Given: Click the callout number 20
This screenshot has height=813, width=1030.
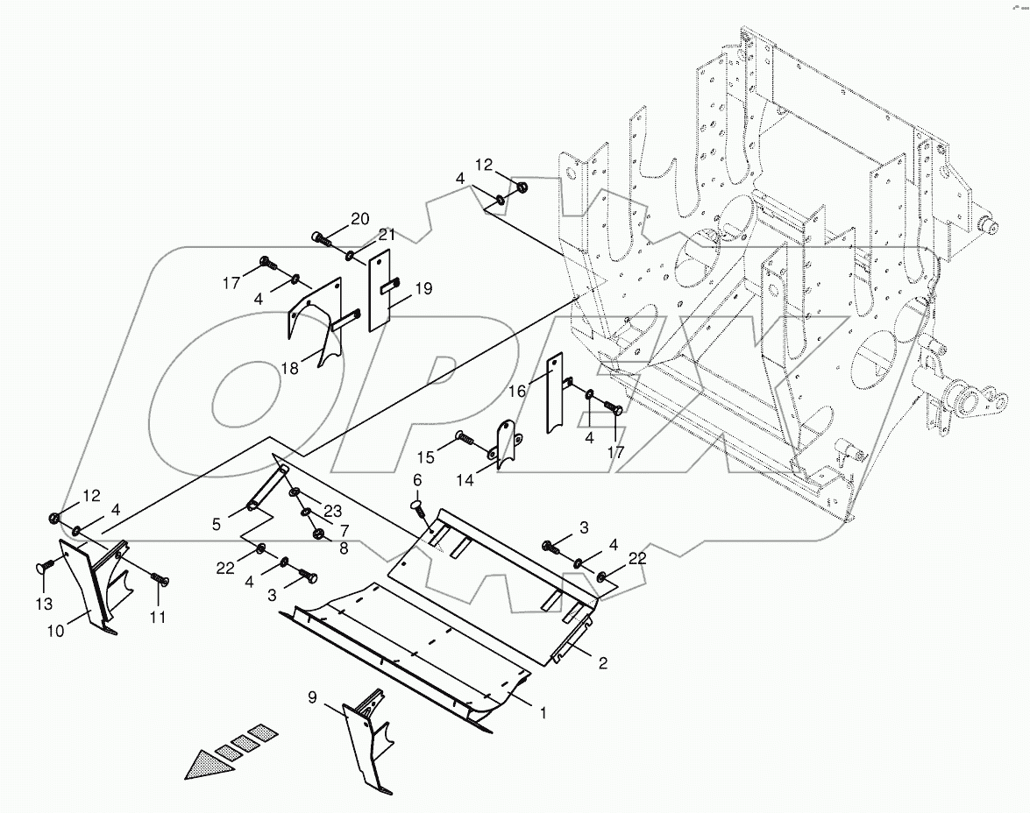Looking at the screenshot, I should [361, 219].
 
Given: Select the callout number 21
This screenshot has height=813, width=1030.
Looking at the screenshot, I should [387, 235].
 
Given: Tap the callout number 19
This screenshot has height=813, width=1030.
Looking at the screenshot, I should [423, 287].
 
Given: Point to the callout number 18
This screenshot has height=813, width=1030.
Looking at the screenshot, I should [290, 369].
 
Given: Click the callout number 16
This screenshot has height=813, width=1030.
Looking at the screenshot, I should [517, 391].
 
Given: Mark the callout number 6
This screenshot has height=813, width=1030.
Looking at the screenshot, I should [417, 480].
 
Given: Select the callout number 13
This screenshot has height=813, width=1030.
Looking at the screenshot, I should [44, 604].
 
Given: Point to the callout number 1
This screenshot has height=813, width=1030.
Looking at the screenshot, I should [543, 713].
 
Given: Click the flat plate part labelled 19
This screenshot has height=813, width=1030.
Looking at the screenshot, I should [379, 293].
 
